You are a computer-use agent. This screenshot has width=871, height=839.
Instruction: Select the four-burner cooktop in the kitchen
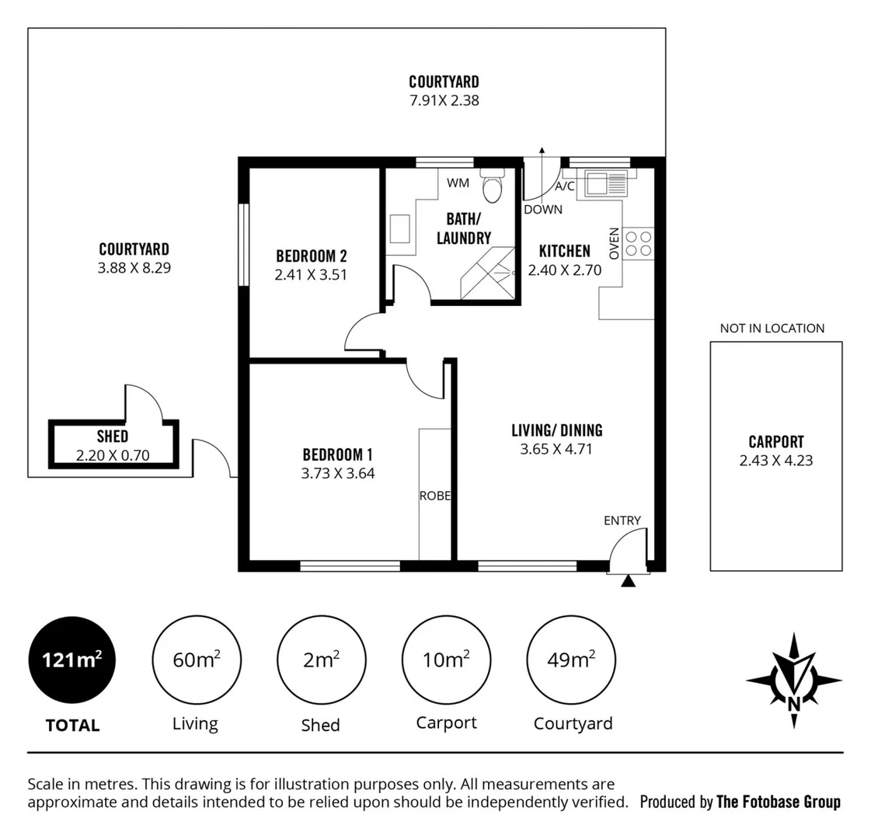[x=639, y=244]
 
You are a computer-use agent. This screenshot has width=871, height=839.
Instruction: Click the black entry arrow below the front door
[x=629, y=580]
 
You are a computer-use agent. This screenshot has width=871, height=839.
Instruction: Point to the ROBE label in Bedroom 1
[x=434, y=496]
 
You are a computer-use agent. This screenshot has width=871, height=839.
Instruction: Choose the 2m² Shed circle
[x=320, y=660]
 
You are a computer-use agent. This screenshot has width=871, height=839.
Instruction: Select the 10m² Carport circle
[x=446, y=660]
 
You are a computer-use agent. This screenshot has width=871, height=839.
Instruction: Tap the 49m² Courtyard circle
[x=571, y=660]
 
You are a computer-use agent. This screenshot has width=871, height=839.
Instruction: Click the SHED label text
[x=113, y=437]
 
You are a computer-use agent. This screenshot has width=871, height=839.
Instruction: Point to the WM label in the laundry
[x=457, y=183]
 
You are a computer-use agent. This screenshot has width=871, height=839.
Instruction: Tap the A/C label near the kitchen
[x=564, y=186]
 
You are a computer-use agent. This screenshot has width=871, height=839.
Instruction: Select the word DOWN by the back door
[x=542, y=209]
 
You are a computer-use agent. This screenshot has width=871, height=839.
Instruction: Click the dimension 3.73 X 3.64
[x=338, y=473]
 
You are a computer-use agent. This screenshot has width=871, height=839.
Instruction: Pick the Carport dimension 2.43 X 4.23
[x=776, y=461]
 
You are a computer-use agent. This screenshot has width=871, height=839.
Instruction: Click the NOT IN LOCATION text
[x=772, y=329]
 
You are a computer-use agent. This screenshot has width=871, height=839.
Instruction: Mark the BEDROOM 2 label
[x=311, y=256]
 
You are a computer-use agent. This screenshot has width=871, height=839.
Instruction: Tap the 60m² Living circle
[x=196, y=660]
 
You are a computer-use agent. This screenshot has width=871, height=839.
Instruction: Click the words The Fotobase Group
[x=778, y=802]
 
